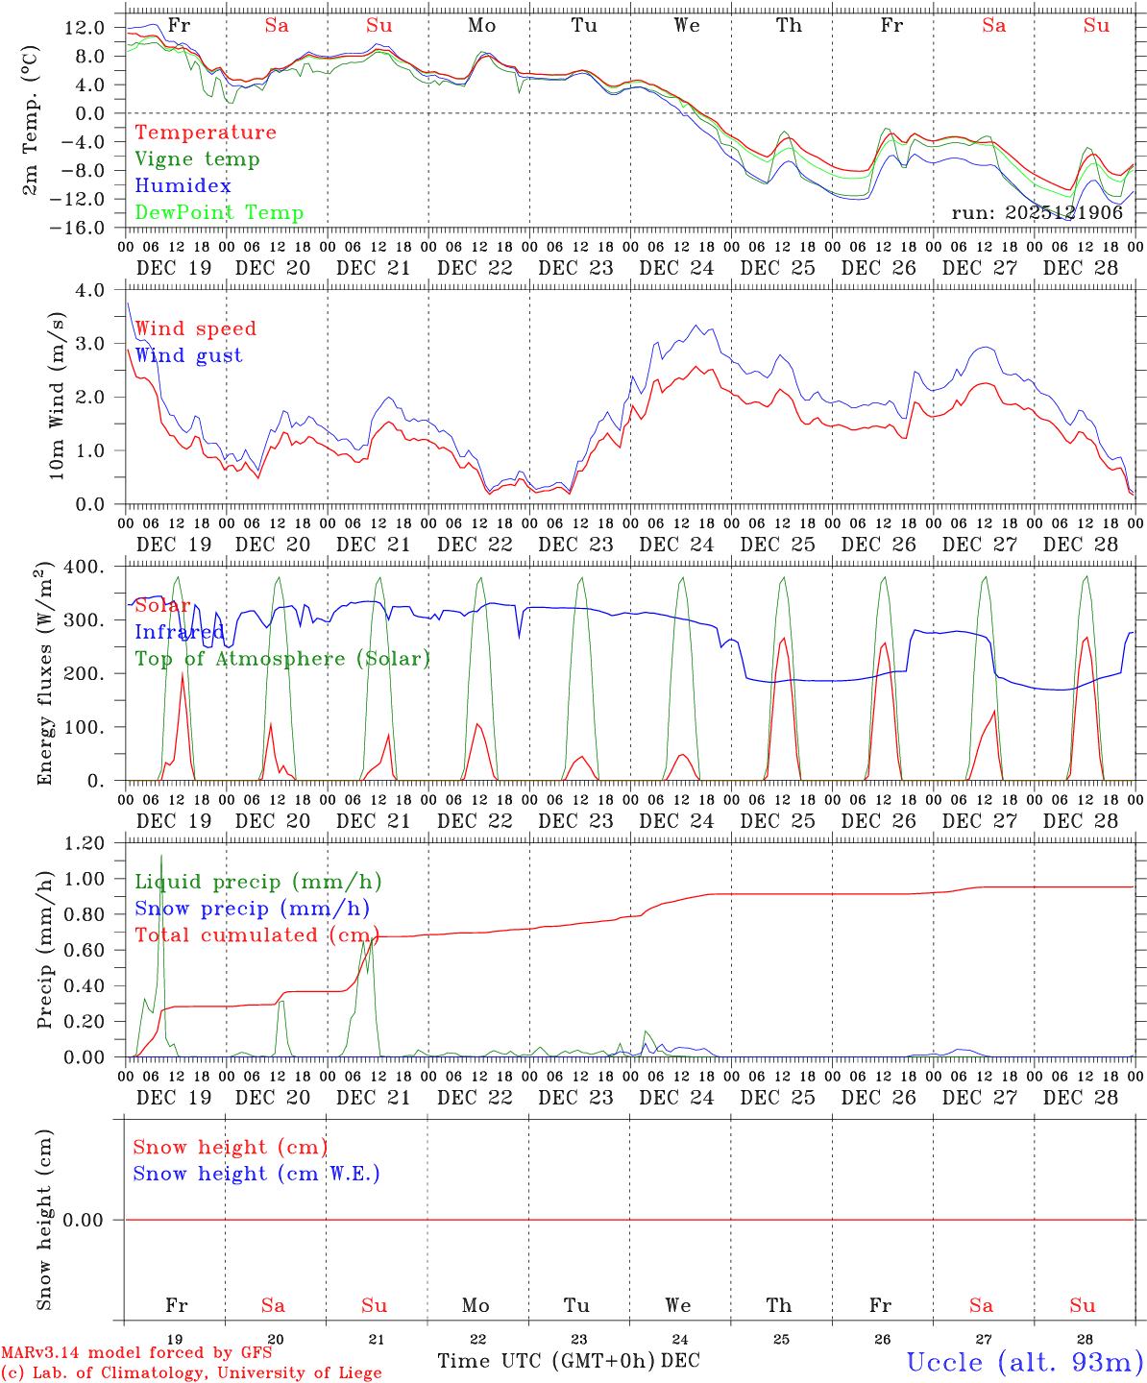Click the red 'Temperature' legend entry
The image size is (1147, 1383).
(x=205, y=133)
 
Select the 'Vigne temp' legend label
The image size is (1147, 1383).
(x=197, y=159)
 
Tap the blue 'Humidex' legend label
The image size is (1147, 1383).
(x=183, y=186)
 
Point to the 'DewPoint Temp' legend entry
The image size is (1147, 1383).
(x=219, y=213)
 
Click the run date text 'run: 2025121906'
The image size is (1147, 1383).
(x=1037, y=213)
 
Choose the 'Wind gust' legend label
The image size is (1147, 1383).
(x=188, y=355)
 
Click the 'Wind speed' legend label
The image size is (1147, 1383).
(x=195, y=328)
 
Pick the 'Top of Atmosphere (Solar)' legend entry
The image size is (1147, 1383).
(x=281, y=659)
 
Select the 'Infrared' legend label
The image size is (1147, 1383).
(x=179, y=632)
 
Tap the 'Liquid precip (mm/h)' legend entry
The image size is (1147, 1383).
(x=258, y=882)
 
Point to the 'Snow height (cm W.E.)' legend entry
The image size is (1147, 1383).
(x=256, y=1174)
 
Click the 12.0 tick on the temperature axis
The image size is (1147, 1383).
(x=85, y=28)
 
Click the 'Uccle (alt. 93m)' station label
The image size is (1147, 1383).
(x=1024, y=1362)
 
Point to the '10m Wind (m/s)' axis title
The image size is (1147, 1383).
(x=58, y=396)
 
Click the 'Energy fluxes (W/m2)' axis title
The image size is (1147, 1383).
(x=43, y=675)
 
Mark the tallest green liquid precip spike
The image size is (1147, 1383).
(x=161, y=856)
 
